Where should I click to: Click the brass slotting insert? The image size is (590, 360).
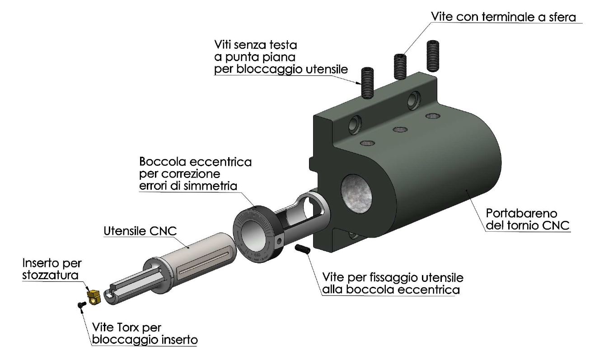click(x=94, y=297)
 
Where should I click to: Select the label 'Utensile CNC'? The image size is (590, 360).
click(x=140, y=231)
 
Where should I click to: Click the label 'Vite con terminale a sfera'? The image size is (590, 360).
click(x=503, y=17)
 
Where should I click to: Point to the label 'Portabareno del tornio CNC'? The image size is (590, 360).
click(x=528, y=220)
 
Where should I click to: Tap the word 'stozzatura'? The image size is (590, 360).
click(x=50, y=276)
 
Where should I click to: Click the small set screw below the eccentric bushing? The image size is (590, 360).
click(x=303, y=249)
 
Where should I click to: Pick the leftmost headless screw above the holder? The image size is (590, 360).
click(x=367, y=83)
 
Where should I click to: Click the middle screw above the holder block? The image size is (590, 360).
click(x=400, y=67)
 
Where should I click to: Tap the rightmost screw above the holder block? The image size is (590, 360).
click(x=432, y=56)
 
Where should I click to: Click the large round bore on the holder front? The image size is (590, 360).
click(x=356, y=194)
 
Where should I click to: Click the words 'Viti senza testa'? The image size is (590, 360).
click(x=256, y=45)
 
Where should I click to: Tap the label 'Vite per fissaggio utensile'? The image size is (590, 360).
click(x=393, y=278)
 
